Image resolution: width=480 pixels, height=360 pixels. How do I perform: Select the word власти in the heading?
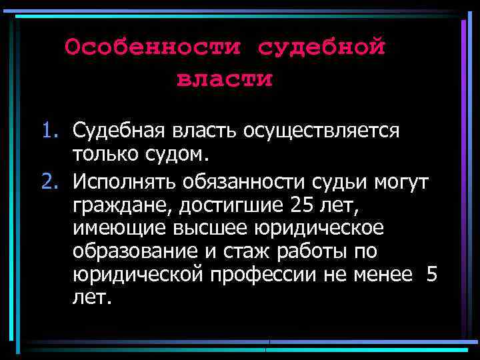(x=225, y=79)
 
